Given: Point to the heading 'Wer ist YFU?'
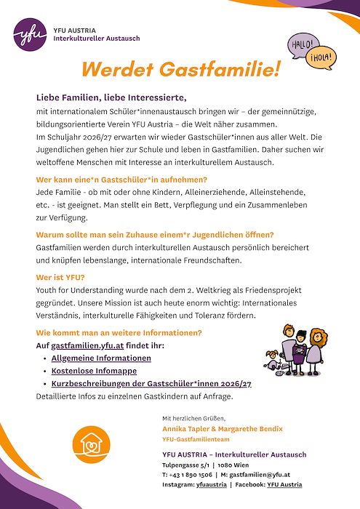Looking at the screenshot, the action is point(60,277).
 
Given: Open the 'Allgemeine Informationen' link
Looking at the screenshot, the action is point(102,358).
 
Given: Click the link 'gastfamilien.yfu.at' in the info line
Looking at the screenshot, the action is point(83,345).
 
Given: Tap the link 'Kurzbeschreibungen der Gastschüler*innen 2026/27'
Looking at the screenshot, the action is point(151,383).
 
